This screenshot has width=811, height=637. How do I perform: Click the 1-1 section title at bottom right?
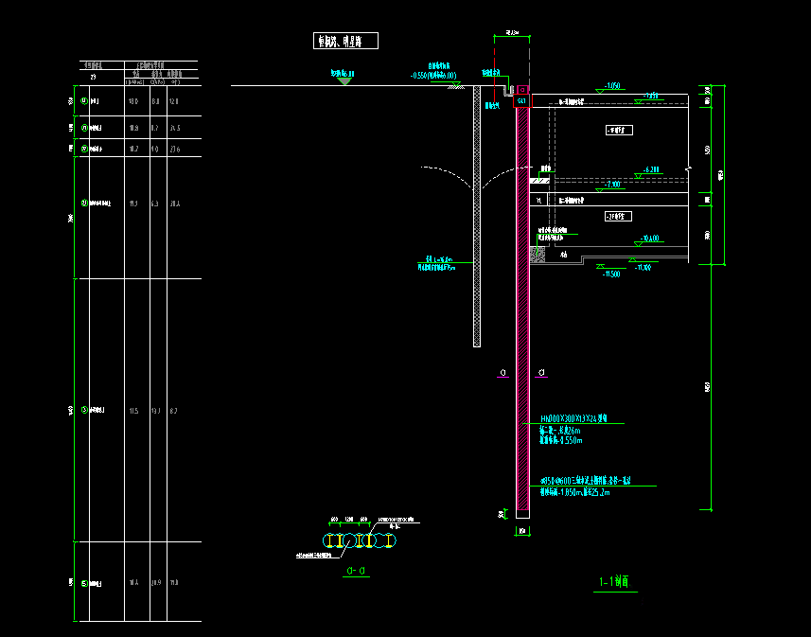click(614, 582)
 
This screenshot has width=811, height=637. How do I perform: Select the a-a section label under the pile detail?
click(357, 571)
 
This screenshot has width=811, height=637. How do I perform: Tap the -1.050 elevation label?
click(612, 86)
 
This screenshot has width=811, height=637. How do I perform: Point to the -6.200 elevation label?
click(650, 169)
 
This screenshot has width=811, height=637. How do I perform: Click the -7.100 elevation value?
click(615, 184)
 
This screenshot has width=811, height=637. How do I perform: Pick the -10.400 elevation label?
click(650, 239)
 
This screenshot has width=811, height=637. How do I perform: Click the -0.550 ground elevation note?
click(434, 75)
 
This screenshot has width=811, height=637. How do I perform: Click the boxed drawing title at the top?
click(345, 41)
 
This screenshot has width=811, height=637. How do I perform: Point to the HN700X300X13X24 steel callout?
click(579, 417)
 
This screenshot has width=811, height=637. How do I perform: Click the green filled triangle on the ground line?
click(344, 81)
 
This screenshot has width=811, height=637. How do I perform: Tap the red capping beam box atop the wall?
click(521, 100)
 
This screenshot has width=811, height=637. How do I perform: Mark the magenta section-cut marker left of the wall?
click(501, 373)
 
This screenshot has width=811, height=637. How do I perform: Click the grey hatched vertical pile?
click(477, 218)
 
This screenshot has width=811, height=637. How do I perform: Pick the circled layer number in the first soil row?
click(85, 100)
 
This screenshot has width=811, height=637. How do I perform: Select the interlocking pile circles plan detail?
click(361, 540)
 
